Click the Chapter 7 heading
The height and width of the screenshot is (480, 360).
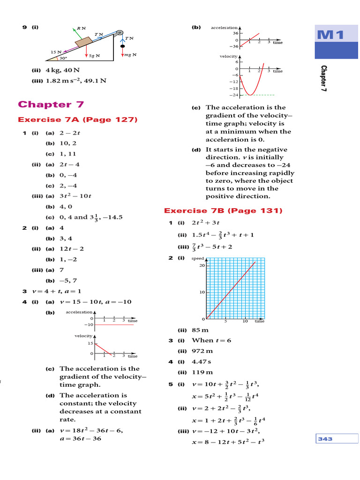coord(51,104)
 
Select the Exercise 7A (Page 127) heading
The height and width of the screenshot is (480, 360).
coord(77,120)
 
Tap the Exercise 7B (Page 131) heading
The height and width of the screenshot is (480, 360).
coord(223,211)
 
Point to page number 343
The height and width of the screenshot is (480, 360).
coord(325,439)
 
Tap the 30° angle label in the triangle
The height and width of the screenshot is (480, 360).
coord(63,59)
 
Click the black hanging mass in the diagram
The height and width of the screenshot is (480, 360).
coord(123,47)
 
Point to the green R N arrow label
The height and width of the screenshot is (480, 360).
coord(81,28)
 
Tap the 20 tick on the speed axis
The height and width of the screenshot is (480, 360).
coord(203,266)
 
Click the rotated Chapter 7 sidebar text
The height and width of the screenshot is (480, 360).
coord(323,78)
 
